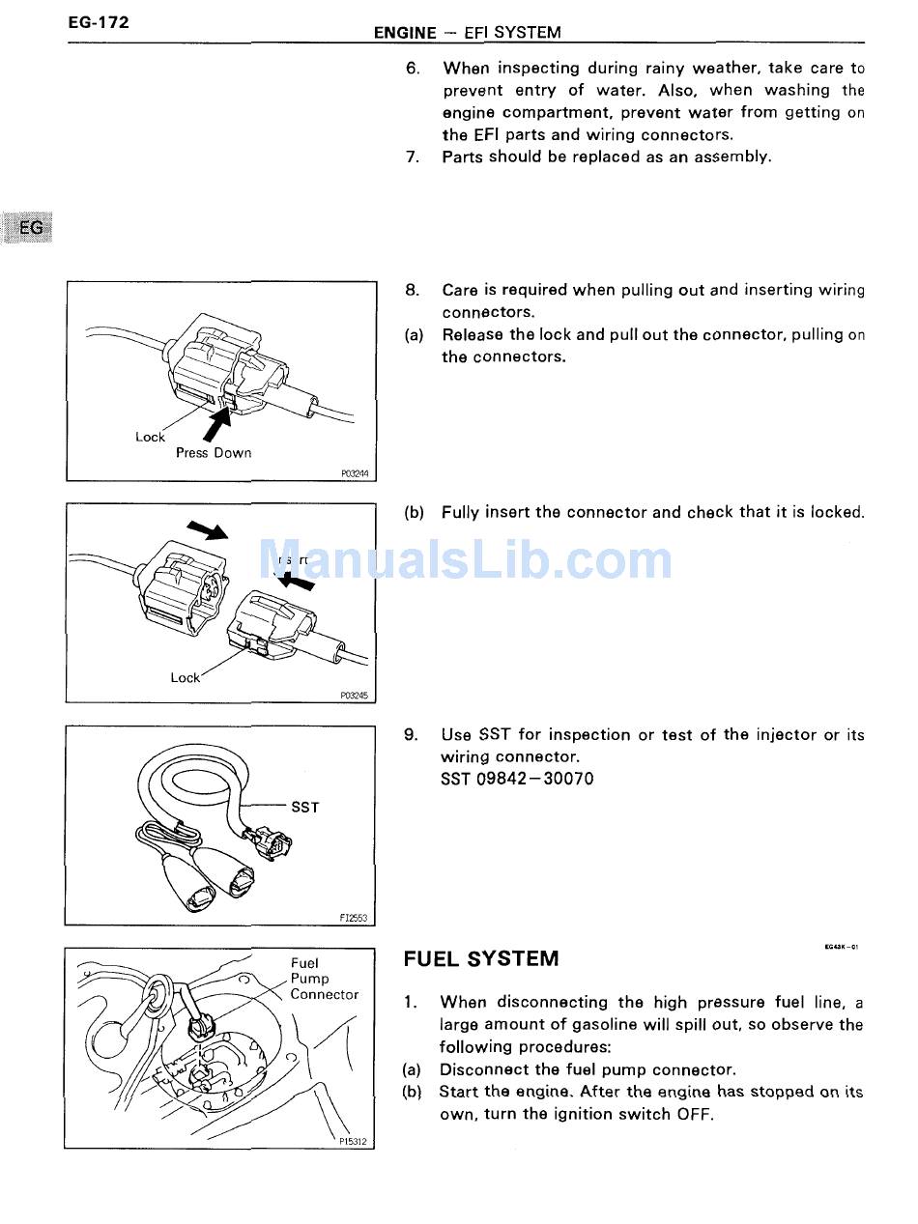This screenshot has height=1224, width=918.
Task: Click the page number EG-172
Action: tap(98, 22)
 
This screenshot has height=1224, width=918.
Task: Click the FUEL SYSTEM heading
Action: tap(480, 959)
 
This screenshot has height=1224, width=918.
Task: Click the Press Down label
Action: tap(213, 453)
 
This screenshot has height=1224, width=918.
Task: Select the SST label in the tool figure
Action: tap(304, 807)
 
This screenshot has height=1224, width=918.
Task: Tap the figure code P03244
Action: tap(355, 473)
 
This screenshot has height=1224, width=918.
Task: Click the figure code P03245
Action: tap(355, 695)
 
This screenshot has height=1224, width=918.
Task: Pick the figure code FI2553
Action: tap(355, 918)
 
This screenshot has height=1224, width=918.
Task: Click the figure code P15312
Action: tap(354, 1141)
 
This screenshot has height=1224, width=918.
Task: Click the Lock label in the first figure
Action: tap(150, 438)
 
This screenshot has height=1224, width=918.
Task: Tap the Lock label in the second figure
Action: tap(185, 677)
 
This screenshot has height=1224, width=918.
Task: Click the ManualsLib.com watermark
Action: tap(465, 561)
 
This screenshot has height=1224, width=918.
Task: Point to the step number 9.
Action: tap(411, 735)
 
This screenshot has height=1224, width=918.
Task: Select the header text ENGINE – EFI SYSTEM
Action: tap(467, 33)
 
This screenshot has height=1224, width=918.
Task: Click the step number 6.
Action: tap(412, 69)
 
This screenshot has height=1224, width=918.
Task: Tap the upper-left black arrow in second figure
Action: tap(206, 529)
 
